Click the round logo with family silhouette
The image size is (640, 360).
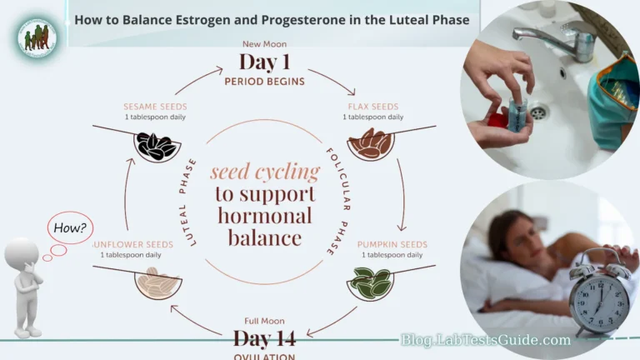point(37,37)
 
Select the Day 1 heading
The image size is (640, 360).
point(264,62)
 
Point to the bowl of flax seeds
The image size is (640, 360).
point(370,145)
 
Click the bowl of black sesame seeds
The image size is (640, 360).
point(157,147)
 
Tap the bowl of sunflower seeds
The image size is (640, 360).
point(157,283)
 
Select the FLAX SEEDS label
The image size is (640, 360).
point(372,107)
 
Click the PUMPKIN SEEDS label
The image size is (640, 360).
point(392,244)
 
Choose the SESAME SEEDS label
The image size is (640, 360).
point(155,107)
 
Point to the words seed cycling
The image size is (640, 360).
point(265,172)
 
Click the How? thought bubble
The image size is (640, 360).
point(72,227)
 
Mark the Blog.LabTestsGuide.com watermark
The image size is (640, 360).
point(486,340)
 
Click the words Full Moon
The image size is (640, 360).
point(264,321)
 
